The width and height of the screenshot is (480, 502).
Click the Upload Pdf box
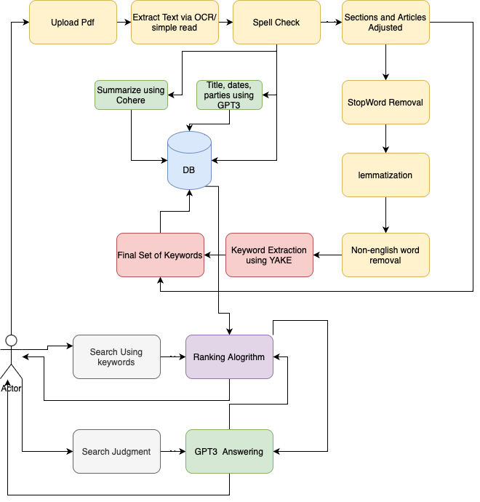pos(73,22)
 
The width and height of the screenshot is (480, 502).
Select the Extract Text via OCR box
pos(175,22)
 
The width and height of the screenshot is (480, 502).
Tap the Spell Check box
pos(276,22)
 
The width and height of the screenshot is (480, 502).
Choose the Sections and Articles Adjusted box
pos(385,22)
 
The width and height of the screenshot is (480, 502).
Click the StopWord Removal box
pos(385,102)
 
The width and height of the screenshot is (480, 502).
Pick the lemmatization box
pos(385,175)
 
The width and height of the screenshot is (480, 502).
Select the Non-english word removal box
pos(385,255)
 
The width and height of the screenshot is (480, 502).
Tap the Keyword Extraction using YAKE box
pos(269,255)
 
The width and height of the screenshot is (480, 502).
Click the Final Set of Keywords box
pos(160,255)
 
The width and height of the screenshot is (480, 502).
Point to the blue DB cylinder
pos(189,167)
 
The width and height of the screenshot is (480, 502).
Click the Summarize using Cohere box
pos(130,95)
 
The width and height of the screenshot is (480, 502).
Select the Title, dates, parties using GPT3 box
pos(229,95)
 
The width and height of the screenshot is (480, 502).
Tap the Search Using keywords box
pos(116,356)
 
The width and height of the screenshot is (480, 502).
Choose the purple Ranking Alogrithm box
pos(229,356)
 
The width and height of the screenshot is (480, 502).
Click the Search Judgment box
pos(116,451)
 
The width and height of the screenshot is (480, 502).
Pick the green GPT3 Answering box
pos(229,451)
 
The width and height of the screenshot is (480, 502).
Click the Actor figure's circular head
pos(11,340)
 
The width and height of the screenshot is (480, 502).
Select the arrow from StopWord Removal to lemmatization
pos(385,138)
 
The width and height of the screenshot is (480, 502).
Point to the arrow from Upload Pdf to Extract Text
pos(124,22)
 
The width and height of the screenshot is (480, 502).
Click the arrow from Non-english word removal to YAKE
pos(327,255)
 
